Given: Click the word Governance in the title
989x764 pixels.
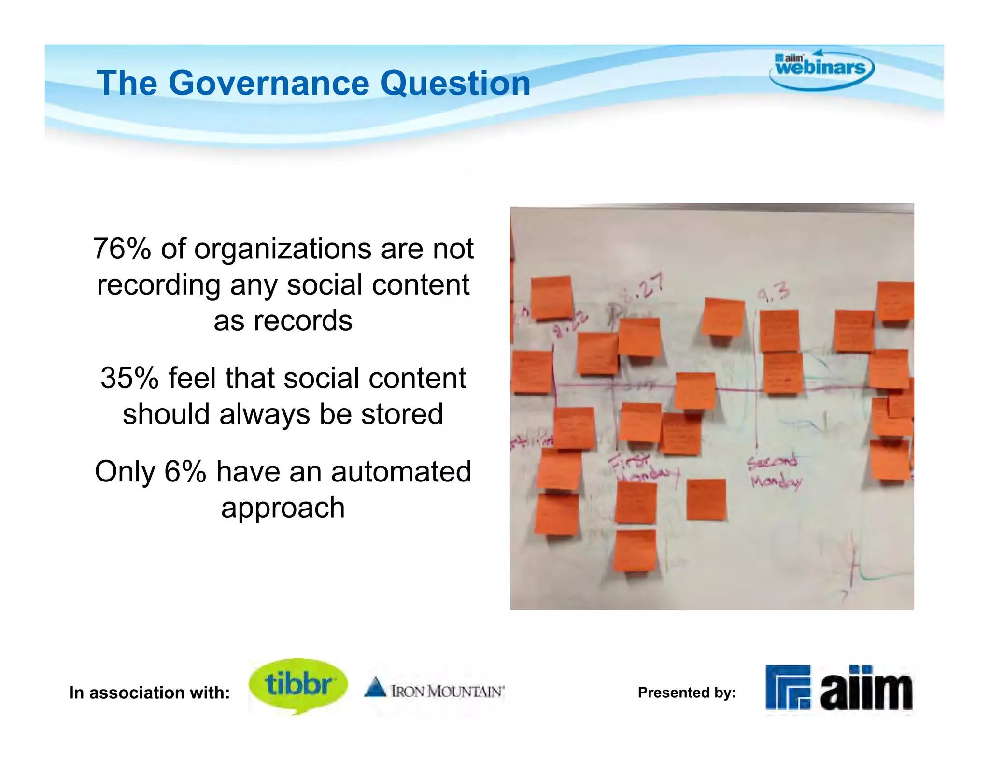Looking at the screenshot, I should pos(269,83).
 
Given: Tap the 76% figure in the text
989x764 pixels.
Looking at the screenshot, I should pos(122,249).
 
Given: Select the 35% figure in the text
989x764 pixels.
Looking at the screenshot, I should pos(129,378).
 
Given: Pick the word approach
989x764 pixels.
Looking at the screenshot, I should pos(283,508).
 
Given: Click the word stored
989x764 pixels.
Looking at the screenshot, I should pos(402,414).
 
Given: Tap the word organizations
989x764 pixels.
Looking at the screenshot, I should pos(283,249).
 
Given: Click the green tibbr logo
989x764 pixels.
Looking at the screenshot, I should pos(298,685).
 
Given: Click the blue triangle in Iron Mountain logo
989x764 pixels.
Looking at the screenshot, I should pos(375,687).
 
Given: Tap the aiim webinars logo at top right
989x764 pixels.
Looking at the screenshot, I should pos(821,69).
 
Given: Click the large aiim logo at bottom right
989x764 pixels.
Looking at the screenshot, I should pos(839,688).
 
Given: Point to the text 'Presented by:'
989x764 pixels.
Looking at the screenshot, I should pos(687,693).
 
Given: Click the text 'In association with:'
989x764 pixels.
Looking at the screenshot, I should pos(149,693).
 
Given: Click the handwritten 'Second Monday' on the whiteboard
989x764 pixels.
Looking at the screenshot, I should pos(774,471).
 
